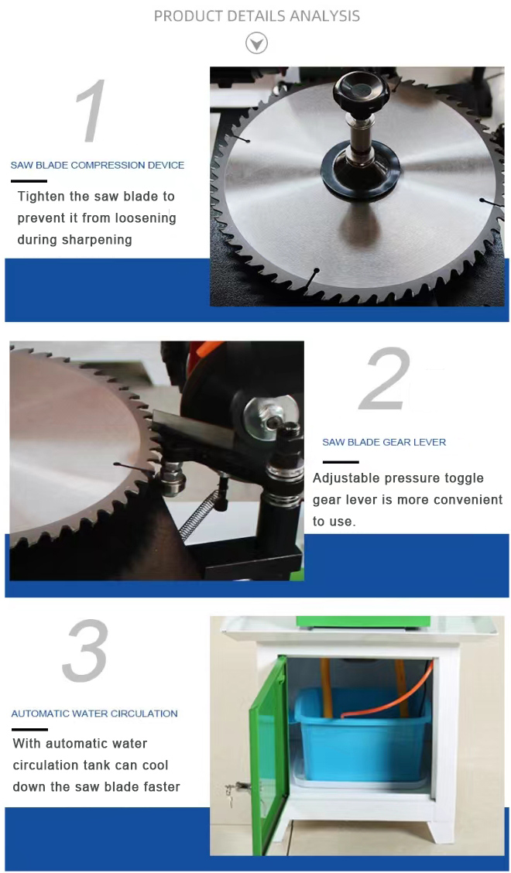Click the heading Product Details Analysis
tap(256, 16)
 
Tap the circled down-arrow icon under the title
tap(257, 43)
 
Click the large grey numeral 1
tap(90, 110)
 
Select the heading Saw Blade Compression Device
tap(98, 166)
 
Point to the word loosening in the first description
tap(146, 217)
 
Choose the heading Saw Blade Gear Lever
tap(384, 443)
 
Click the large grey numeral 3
tap(85, 650)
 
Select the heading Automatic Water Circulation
tap(94, 714)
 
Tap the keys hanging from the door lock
tap(231, 791)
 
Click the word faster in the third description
tap(160, 786)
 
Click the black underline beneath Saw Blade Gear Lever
tap(341, 462)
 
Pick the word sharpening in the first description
tap(98, 239)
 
